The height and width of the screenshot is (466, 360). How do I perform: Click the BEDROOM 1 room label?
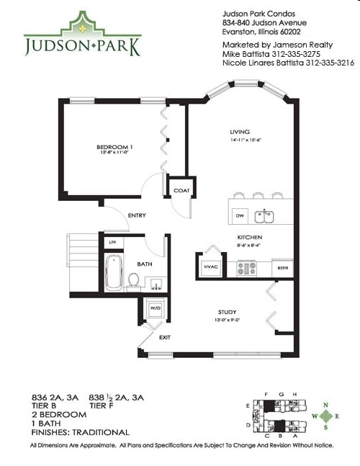tap(115, 148)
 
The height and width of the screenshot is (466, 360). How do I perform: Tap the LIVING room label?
tap(239, 133)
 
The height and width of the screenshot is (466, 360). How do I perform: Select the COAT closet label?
tap(180, 191)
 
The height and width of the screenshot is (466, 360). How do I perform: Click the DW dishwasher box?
tap(240, 214)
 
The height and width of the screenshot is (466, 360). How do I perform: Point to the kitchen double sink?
tap(266, 214)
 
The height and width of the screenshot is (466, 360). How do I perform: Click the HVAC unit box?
tap(212, 267)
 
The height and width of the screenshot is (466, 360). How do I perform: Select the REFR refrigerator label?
tap(282, 268)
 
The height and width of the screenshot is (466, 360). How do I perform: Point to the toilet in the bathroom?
tap(134, 279)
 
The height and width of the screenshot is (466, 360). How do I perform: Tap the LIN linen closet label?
tap(112, 243)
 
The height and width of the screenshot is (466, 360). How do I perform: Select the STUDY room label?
tap(228, 312)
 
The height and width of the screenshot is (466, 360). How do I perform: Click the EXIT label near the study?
tap(165, 337)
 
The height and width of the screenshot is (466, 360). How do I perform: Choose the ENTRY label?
tap(138, 215)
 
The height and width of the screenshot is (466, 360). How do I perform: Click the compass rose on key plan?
tap(327, 416)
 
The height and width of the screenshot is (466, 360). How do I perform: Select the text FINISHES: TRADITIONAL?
tap(81, 432)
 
